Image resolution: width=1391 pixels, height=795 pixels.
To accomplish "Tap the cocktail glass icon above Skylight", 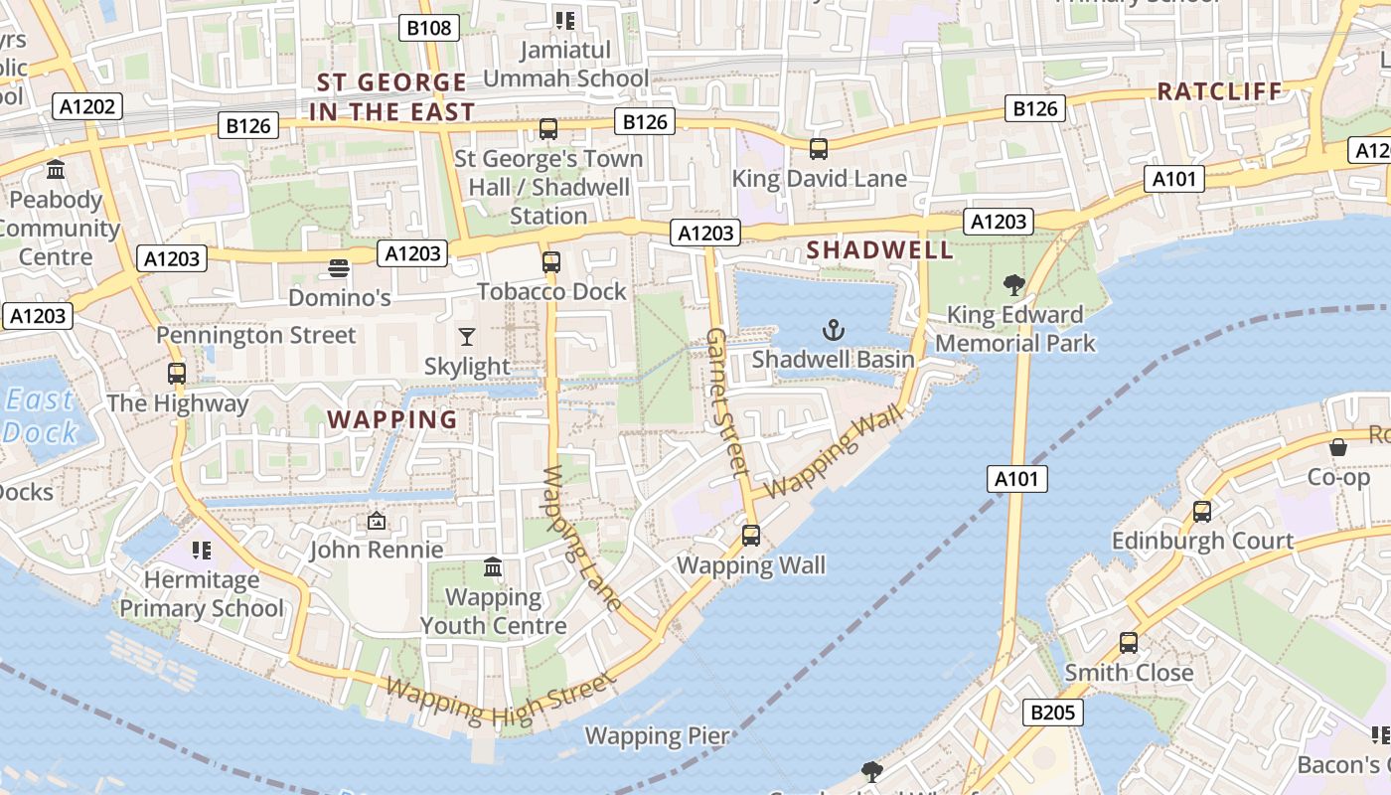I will (x=467, y=337).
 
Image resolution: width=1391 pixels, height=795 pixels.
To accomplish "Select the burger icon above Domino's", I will (x=339, y=268).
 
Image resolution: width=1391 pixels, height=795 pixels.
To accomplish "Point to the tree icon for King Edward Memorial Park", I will (x=1013, y=286).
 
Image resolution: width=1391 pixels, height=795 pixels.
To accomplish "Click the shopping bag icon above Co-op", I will (x=1338, y=447).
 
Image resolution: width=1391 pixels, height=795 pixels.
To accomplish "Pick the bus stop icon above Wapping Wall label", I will (x=751, y=536).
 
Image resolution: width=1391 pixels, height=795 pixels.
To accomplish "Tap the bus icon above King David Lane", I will (x=819, y=149).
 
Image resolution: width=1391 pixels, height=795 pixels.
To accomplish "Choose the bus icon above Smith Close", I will (x=1129, y=643).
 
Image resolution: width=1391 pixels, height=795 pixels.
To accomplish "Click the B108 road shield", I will (x=430, y=28).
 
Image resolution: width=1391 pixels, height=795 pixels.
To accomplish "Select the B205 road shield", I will (x=1053, y=712).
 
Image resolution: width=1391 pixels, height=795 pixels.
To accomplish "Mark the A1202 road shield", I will (x=87, y=106).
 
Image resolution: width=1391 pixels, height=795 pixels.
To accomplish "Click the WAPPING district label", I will (x=393, y=419).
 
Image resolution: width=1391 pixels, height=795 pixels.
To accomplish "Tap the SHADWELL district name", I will (x=880, y=250).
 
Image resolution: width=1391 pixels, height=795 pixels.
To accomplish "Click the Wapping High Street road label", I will (x=500, y=701).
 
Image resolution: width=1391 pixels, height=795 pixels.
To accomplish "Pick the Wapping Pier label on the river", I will (x=657, y=736).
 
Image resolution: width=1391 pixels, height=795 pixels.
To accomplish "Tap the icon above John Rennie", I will (x=377, y=521).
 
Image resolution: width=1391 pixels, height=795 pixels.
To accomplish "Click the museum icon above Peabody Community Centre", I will (x=56, y=170).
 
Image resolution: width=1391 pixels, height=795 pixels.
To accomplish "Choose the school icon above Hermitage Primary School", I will (x=202, y=550).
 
